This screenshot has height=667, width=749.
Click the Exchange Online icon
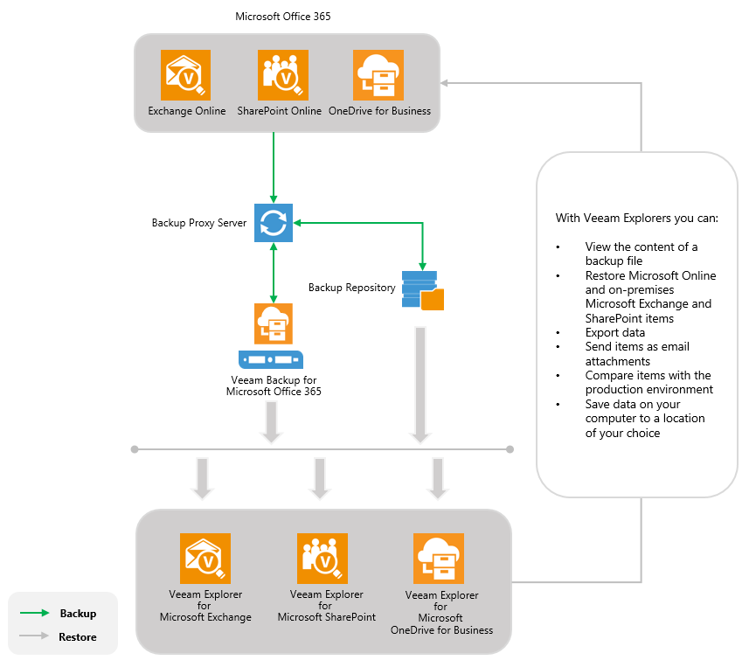coord(186,75)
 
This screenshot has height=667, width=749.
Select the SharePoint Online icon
coord(283,75)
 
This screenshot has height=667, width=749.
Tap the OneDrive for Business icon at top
coord(378,75)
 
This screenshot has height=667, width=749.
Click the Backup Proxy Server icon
coord(274,223)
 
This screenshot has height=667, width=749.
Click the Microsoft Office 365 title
coord(283,17)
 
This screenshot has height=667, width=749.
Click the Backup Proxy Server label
coord(199,223)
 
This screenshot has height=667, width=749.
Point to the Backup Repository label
coord(352,288)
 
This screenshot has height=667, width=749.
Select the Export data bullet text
coord(615,332)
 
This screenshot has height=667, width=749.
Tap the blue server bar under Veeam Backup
coord(271,358)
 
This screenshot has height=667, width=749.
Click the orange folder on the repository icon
coord(433,299)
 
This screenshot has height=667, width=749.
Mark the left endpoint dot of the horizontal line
coord(135,449)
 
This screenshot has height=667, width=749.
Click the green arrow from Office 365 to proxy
coord(274,166)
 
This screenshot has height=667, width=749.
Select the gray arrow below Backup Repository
coord(421,385)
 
